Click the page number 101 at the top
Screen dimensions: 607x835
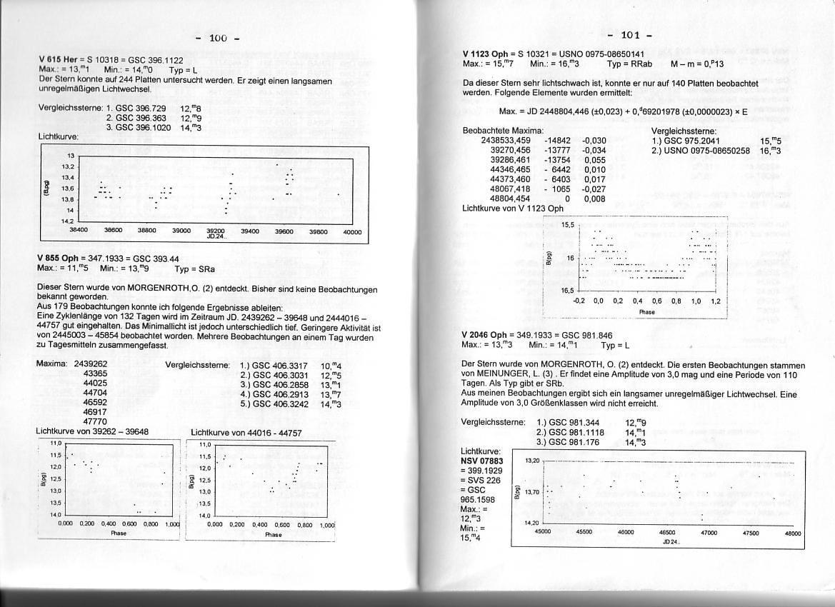click(629, 35)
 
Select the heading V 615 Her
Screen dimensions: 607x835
click(58, 60)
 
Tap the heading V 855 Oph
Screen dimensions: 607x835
click(59, 259)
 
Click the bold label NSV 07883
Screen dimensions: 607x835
click(484, 461)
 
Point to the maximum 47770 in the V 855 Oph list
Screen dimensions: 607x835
click(96, 422)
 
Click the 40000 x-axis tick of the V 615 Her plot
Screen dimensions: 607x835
click(351, 231)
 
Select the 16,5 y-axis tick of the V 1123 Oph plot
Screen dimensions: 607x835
click(568, 291)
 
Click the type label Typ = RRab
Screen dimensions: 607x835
click(629, 64)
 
